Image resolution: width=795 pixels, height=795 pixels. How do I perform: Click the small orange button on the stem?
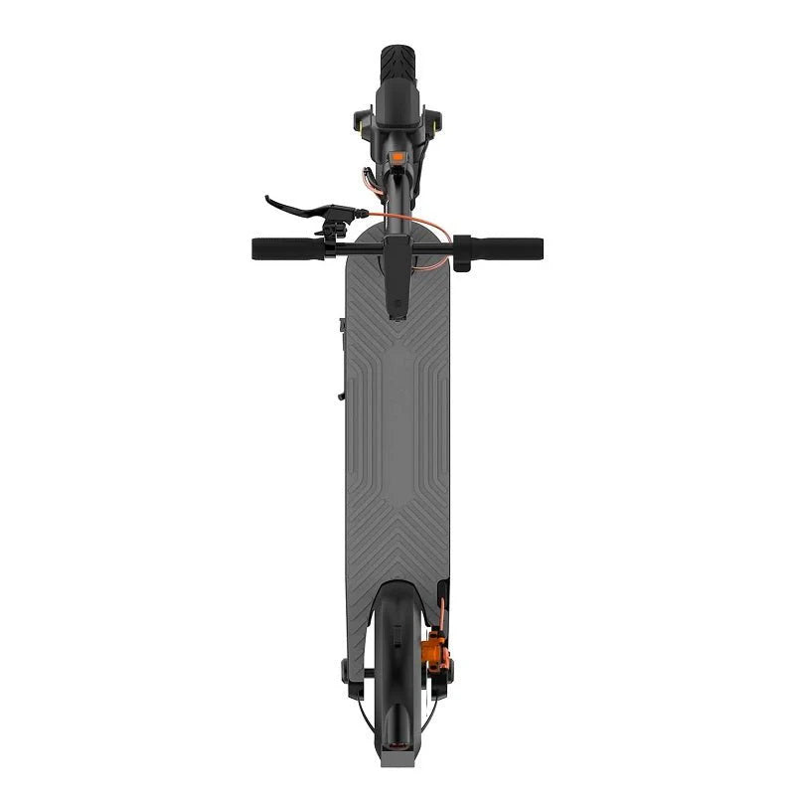(x=398, y=156)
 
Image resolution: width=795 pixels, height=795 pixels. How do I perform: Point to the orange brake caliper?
(x=436, y=652)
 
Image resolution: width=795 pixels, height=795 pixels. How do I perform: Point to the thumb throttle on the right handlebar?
(x=461, y=252)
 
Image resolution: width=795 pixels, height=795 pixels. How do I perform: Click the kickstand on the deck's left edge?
(x=341, y=358)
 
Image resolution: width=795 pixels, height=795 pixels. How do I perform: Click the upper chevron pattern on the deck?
(x=397, y=343)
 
